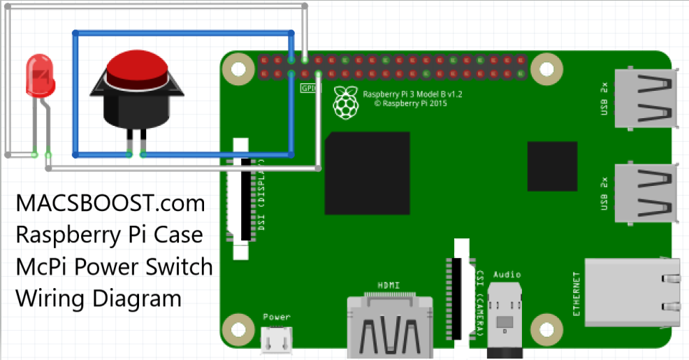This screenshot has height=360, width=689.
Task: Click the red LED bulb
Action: click(x=40, y=76)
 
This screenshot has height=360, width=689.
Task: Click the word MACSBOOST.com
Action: click(x=111, y=204)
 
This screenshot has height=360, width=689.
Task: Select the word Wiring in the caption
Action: click(x=50, y=298)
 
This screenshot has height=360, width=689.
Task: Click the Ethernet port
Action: click(x=633, y=292)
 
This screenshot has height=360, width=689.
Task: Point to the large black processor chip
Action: click(x=367, y=173)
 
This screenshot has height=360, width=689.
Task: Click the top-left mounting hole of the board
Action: click(x=240, y=70)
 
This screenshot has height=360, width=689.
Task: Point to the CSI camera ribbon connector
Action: click(x=460, y=294)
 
